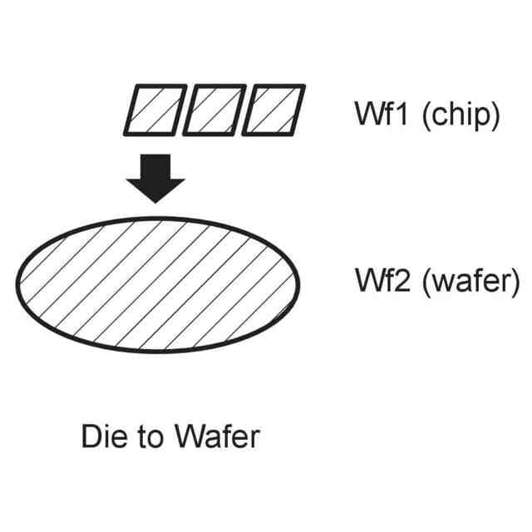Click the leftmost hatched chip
click(155, 110)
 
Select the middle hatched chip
click(214, 110)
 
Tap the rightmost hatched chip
click(274, 110)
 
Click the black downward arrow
click(156, 177)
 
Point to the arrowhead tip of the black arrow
click(156, 202)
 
